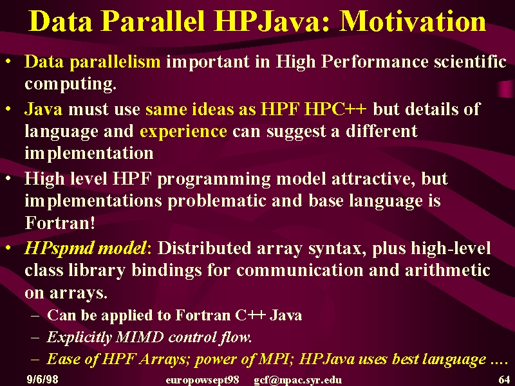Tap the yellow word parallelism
115,61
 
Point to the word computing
71,84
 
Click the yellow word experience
183,132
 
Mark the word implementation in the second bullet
89,153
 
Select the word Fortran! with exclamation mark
60,223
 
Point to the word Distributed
204,248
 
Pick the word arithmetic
447,270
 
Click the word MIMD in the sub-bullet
140,336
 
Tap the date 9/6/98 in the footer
42,380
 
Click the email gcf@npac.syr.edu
297,380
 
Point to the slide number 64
504,380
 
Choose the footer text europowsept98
202,380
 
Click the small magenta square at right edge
506,89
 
